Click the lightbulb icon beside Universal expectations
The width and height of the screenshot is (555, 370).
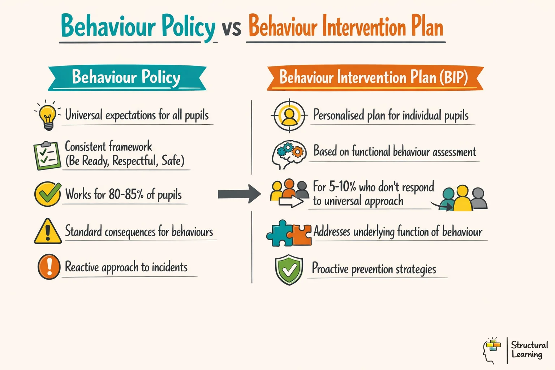pos(47,115)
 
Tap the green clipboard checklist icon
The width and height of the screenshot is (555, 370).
pos(47,155)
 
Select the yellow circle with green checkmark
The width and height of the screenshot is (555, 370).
pos(47,194)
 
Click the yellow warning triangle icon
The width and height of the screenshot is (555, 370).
pos(48,232)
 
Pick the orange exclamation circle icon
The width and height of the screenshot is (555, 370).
pos(49,267)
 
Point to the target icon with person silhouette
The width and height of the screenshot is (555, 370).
pos(289,116)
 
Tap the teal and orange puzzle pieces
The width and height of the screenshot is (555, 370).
pos(289,234)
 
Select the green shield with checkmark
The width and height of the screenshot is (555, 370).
pos(289,270)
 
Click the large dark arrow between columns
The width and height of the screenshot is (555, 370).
pos(239,194)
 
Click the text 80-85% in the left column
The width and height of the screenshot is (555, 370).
pos(126,194)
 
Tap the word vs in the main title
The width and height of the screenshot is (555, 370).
pos(231,27)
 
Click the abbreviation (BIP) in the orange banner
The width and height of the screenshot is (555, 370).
pos(453,77)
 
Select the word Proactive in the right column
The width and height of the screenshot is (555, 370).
pos(330,268)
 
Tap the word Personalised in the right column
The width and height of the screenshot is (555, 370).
pos(338,115)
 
